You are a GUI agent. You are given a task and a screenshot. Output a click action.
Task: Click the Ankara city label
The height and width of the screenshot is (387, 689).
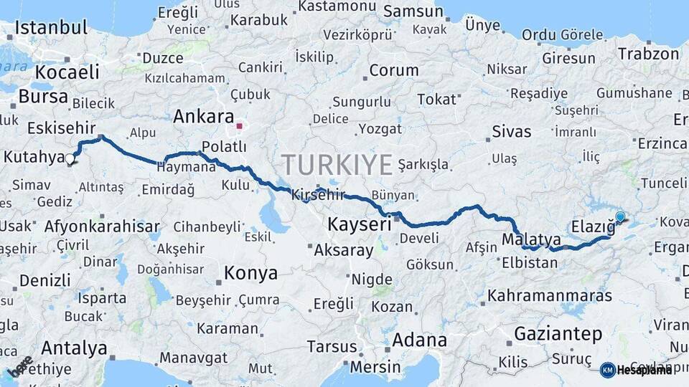tap(204, 117)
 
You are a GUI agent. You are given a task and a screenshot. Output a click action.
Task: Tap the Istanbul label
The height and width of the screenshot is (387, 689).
tap(51, 28)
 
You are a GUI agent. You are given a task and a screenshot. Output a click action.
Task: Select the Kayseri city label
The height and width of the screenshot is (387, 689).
tap(359, 224)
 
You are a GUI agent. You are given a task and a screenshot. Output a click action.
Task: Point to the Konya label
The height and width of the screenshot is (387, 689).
tap(250, 273)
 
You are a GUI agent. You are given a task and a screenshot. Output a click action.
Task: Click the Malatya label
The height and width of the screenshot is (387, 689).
tap(531, 239)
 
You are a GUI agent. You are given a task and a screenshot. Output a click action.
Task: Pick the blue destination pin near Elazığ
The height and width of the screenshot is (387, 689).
tap(620, 216)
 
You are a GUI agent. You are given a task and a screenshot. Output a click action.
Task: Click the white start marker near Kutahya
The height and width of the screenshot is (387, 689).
tap(70, 160)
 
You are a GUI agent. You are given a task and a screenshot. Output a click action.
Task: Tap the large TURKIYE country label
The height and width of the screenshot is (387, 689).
tap(337, 165)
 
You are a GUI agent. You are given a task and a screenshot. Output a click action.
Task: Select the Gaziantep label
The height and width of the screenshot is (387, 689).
tap(558, 333)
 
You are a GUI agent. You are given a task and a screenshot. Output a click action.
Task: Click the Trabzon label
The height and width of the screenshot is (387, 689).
tap(648, 54)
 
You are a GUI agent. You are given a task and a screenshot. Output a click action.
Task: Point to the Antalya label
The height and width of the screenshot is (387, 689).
tap(74, 348)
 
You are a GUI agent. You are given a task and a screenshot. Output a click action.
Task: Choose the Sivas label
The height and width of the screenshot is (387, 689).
tap(512, 131)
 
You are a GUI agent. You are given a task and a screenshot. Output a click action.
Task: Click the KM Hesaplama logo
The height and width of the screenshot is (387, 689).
tap(637, 370)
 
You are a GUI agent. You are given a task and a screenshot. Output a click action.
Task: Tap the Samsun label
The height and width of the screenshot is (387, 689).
tap(413, 11)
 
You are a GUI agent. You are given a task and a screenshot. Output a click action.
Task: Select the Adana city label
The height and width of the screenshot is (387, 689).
tap(420, 340)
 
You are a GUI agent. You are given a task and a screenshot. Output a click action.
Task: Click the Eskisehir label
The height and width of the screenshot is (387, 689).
tap(61, 128)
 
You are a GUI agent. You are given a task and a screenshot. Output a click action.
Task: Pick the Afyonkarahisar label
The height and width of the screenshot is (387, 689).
tap(102, 226)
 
